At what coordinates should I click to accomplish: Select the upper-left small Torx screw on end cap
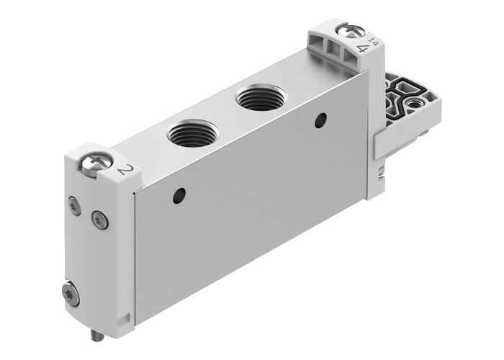[x=75, y=206]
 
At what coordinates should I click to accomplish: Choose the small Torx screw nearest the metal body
[x=99, y=219]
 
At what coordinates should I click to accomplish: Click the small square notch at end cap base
[x=129, y=315]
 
